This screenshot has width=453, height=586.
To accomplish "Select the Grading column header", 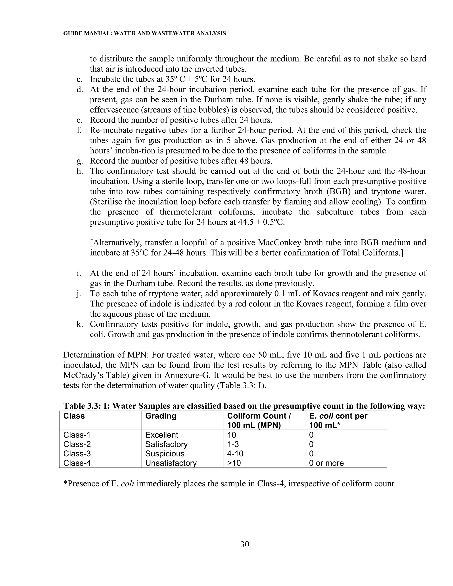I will point(161,416).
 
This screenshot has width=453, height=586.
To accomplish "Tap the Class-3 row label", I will point(77,454).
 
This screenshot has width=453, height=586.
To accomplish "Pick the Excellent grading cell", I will point(161,435).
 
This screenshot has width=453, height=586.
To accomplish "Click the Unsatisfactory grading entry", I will point(171,463).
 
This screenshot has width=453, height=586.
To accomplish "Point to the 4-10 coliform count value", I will point(235,454).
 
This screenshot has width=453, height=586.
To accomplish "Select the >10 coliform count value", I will point(234,463).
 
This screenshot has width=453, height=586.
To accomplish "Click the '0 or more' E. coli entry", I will point(326,463).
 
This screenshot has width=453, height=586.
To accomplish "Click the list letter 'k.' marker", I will point(79,324).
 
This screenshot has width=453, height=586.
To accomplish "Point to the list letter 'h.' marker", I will point(80,171).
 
